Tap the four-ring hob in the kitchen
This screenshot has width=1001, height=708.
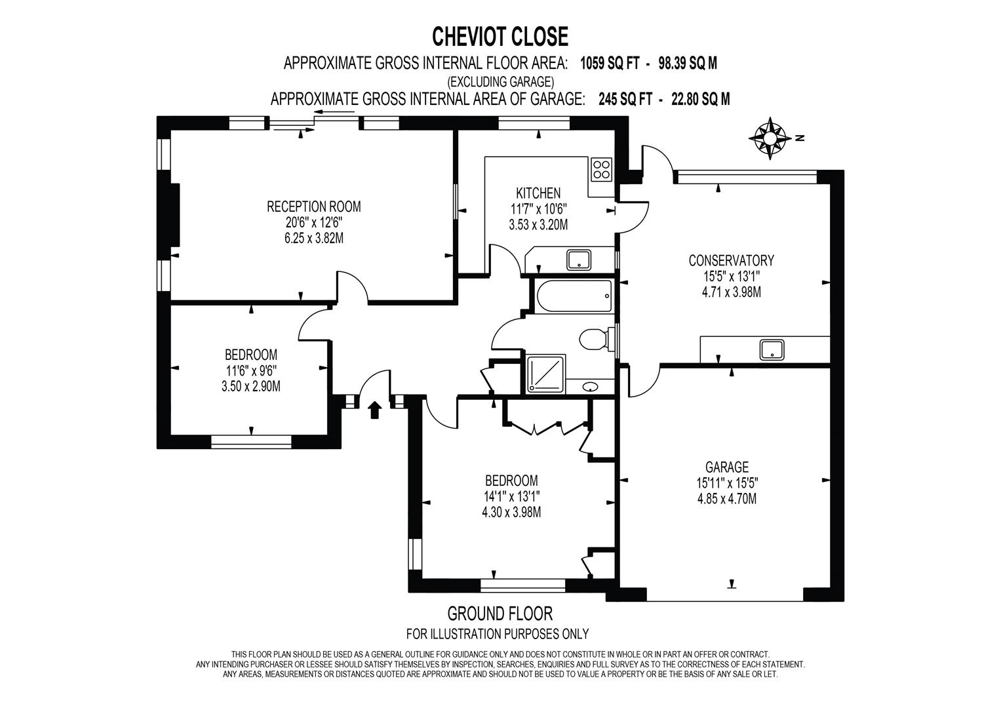click(x=601, y=169)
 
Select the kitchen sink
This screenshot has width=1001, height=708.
click(x=579, y=260)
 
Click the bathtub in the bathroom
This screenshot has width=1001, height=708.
click(x=574, y=296)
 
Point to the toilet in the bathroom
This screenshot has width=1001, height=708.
click(x=597, y=340)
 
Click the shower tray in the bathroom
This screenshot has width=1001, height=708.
click(x=545, y=374)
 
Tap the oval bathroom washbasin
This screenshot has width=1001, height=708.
click(x=591, y=387)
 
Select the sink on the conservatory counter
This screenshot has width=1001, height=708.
click(x=772, y=349)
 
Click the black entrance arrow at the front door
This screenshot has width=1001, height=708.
click(x=374, y=410)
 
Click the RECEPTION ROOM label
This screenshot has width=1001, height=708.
click(x=314, y=206)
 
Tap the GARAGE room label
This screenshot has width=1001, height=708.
click(x=727, y=467)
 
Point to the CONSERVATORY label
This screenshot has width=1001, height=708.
click(x=731, y=260)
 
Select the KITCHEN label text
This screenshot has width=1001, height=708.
click(x=538, y=193)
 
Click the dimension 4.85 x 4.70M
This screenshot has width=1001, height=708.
click(x=727, y=498)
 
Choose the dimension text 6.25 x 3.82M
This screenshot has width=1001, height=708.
click(x=314, y=238)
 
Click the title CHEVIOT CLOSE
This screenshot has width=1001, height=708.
click(x=500, y=37)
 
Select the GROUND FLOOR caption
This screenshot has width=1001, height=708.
click(x=500, y=614)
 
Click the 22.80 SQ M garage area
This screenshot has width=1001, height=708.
click(x=701, y=99)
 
